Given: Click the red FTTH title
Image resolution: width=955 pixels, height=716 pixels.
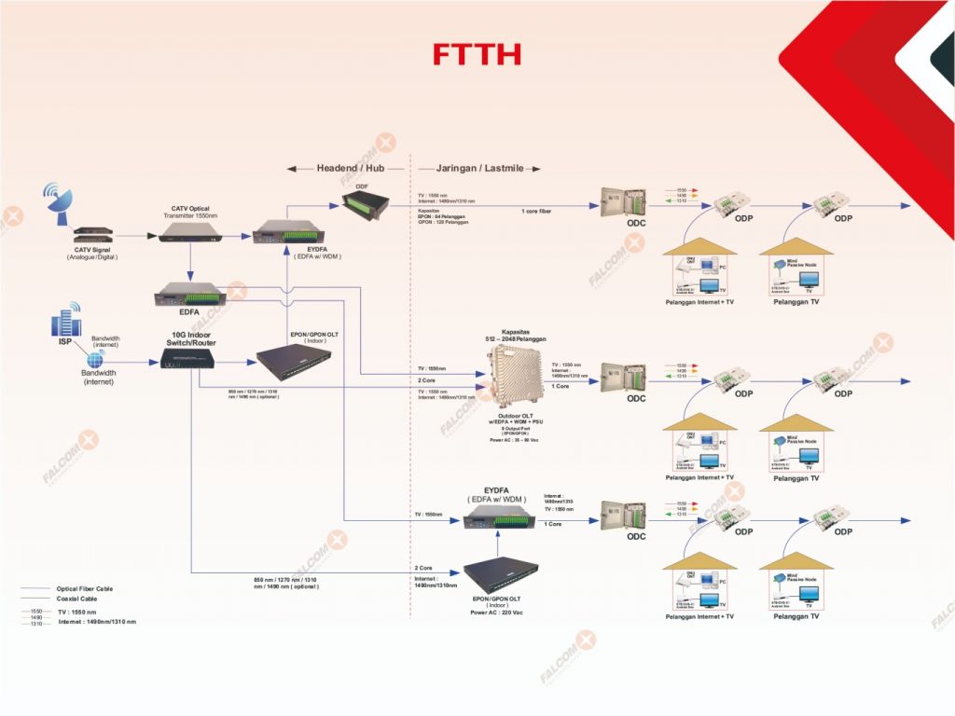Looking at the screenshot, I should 477,55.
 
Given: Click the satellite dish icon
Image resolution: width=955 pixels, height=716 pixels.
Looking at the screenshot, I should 57,200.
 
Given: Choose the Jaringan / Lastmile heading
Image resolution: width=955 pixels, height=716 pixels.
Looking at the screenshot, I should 478,169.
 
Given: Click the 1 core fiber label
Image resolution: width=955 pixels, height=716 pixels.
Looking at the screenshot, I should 535,212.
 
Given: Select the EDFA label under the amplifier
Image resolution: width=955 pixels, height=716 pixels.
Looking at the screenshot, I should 189,311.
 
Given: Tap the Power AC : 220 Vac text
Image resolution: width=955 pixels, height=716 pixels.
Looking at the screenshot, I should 496,613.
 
